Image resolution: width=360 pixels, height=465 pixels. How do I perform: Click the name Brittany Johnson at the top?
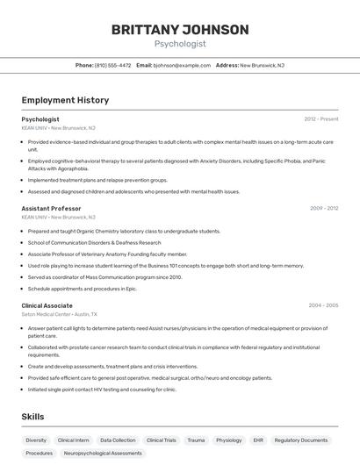180,30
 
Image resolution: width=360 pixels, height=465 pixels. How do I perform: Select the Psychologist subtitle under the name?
180,43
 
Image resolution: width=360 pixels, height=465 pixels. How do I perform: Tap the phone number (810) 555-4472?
113,65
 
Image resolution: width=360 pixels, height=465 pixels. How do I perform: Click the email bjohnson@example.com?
183,65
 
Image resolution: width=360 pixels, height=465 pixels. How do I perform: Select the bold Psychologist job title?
40,119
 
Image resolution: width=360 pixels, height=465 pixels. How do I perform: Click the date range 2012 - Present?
321,119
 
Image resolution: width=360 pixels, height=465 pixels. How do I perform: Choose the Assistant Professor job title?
51,209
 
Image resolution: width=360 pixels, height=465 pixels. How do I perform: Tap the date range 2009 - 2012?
324,209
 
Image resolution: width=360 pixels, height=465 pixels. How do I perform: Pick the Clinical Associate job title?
47,305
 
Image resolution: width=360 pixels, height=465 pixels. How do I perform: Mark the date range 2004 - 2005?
323,305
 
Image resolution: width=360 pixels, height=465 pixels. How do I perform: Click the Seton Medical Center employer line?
60,314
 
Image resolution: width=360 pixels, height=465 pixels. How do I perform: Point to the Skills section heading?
33,417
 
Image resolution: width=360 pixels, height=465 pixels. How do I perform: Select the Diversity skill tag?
36,440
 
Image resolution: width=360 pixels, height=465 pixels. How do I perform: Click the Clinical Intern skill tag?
74,440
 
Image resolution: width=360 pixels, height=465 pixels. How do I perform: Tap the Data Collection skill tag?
118,440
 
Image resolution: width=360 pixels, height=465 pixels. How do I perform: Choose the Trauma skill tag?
196,440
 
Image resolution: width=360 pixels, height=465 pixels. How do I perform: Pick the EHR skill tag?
258,440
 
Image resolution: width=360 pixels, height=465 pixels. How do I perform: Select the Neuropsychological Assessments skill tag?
103,454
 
